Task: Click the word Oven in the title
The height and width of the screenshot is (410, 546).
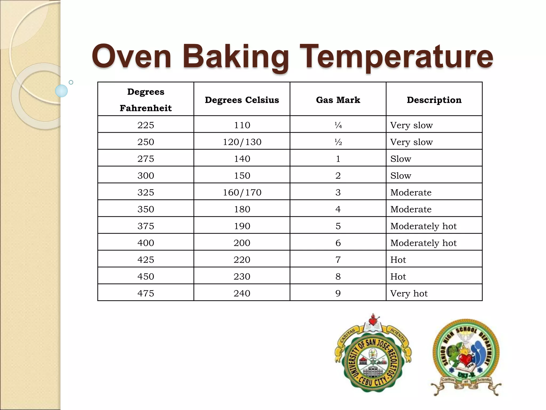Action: click(131, 57)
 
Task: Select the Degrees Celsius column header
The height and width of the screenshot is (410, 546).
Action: click(242, 100)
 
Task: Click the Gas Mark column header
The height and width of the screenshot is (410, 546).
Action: click(338, 100)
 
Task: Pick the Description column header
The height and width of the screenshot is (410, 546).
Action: click(434, 100)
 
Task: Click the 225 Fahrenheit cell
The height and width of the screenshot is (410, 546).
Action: click(146, 125)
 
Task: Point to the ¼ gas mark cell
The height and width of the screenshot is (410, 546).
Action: click(338, 125)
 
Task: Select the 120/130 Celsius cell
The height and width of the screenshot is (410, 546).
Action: click(242, 142)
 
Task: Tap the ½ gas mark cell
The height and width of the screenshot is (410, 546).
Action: click(338, 142)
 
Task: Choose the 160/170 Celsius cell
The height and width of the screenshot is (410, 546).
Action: click(242, 192)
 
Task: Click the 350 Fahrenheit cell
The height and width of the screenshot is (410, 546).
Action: click(146, 209)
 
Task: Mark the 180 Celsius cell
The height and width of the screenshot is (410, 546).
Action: click(242, 209)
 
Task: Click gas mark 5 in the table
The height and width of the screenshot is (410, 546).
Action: click(338, 226)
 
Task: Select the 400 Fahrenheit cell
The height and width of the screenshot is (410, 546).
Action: click(146, 243)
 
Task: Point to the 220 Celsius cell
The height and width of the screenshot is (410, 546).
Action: click(242, 260)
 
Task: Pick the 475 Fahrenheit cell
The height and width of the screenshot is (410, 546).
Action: click(146, 293)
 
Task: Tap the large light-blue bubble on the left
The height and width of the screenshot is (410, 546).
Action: click(61, 91)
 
